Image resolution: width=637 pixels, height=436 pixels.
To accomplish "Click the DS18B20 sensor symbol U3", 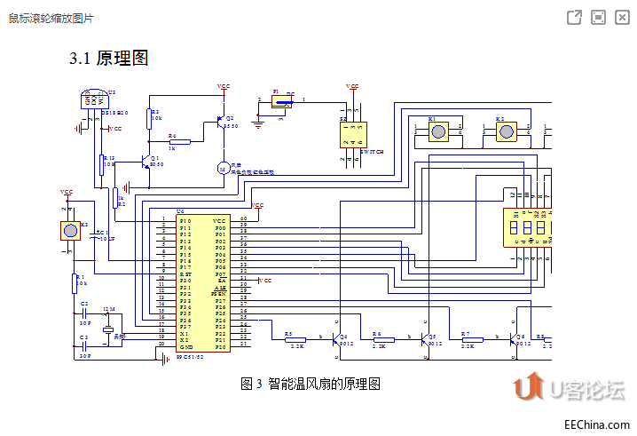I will point(91,99).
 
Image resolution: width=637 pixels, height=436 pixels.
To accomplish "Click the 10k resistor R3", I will point(150,115).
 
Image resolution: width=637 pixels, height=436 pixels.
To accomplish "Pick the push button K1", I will point(437,131).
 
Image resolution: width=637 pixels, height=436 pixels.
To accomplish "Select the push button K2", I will point(505,131).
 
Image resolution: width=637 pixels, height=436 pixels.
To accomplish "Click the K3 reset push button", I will point(69,231).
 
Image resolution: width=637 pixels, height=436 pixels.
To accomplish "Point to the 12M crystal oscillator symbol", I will point(108,329).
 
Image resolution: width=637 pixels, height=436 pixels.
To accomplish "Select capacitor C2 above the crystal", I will point(84,313).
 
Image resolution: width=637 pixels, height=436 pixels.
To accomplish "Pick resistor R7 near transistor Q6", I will point(472,339).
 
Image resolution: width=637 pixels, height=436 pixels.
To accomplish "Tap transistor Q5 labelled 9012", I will point(427,338).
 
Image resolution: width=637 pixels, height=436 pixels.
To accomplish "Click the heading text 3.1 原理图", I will point(108,59).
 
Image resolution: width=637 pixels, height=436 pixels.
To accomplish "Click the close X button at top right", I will point(622,18).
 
